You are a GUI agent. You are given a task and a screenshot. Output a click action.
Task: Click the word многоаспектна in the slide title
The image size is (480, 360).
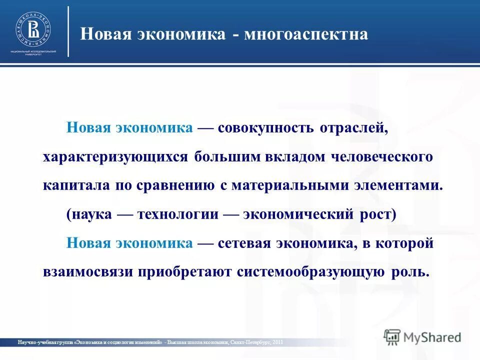(306, 34)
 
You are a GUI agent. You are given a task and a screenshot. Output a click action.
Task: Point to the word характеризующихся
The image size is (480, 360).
(114, 157)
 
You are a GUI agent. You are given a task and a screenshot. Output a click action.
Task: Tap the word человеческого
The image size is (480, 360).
(382, 157)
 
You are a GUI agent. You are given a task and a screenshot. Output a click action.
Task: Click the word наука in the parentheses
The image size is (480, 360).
(89, 214)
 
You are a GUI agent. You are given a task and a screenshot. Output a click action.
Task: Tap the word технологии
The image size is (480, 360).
(178, 214)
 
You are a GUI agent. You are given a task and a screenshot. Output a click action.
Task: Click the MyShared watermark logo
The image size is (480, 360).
(422, 336)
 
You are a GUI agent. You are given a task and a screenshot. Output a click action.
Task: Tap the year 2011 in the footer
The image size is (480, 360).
(278, 342)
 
